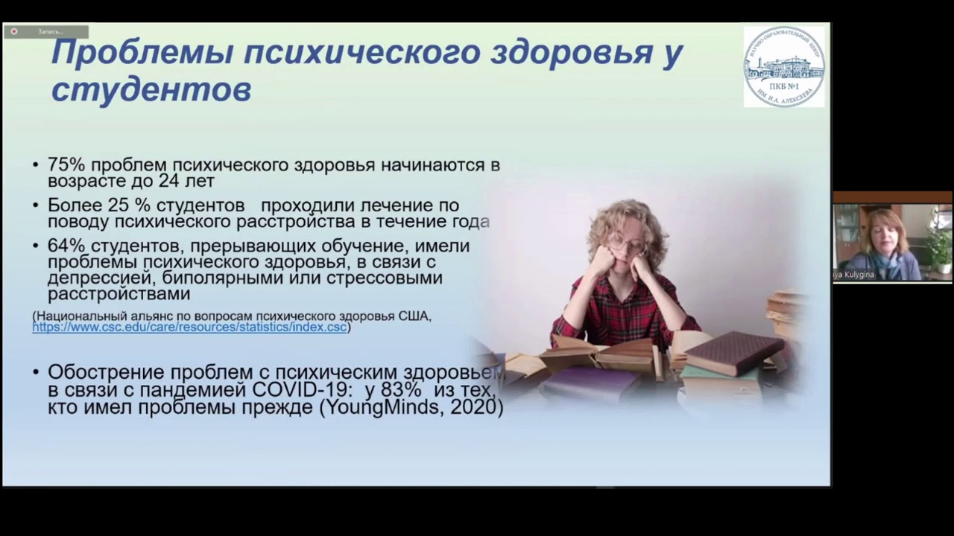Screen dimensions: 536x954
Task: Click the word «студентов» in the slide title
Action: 151,90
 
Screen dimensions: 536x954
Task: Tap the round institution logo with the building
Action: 784,66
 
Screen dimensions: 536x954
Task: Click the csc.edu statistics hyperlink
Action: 189,326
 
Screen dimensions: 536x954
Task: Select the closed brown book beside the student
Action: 734,352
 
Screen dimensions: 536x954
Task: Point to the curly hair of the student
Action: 626,216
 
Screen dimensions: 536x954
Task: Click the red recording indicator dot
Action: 14,31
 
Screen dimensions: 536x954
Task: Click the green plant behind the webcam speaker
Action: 941,242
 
